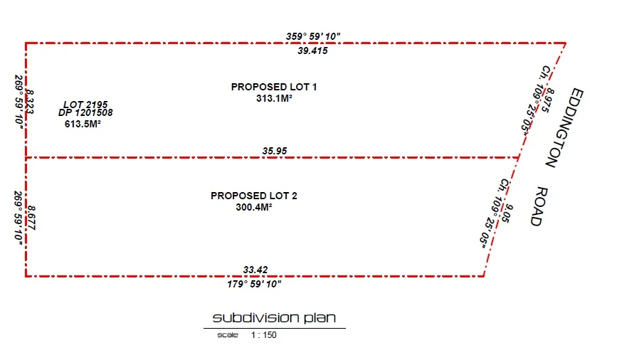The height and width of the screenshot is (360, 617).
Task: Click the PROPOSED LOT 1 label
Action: [x=274, y=87]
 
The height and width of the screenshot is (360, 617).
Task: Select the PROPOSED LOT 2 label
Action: [x=254, y=196]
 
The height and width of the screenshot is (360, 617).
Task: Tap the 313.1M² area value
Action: [x=275, y=99]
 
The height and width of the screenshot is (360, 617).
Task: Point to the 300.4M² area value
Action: [x=254, y=208]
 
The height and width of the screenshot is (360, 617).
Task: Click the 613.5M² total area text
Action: [x=83, y=124]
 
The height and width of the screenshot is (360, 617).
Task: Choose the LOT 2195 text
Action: [x=85, y=105]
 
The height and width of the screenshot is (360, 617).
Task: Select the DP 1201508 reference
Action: [x=85, y=112]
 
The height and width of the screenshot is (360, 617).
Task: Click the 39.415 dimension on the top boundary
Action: [x=313, y=51]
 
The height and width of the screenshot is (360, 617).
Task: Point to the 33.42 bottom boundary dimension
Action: [x=255, y=270]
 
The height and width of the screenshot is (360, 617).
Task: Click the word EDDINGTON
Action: [x=561, y=128]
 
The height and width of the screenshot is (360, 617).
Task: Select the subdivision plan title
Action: [x=274, y=317]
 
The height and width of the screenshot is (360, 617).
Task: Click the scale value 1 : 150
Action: [x=263, y=334]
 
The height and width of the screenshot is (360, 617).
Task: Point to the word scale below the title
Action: [x=228, y=334]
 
